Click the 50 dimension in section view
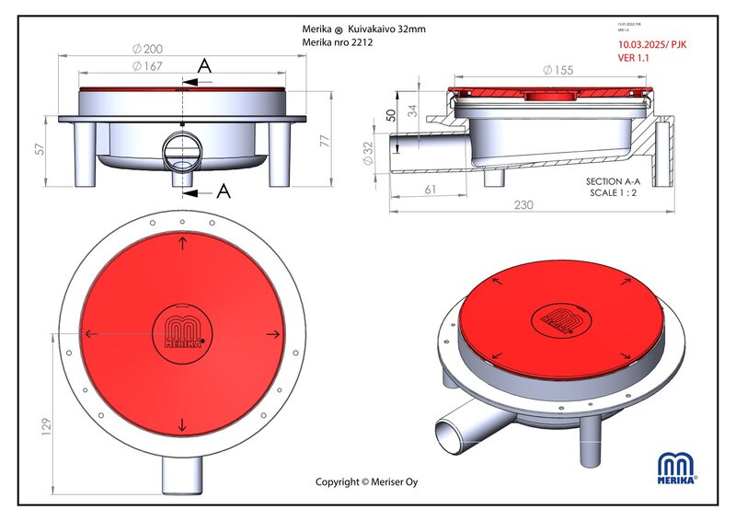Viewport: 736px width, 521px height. [390, 114]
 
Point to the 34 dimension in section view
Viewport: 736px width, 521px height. [411, 111]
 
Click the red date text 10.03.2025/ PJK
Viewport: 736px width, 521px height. [652, 43]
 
